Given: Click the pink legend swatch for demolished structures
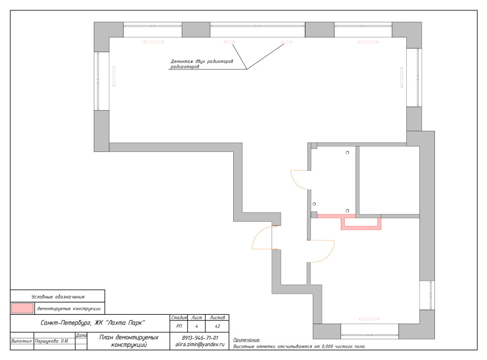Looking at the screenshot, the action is pyautogui.click(x=22, y=308).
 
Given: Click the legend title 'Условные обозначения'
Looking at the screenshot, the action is pyautogui.click(x=58, y=297).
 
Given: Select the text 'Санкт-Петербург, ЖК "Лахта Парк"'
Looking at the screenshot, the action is pyautogui.click(x=93, y=323).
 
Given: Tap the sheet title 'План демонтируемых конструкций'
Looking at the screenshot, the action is pyautogui.click(x=128, y=341).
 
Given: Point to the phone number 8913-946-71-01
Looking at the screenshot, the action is pyautogui.click(x=200, y=338).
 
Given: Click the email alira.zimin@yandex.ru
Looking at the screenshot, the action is pyautogui.click(x=200, y=344).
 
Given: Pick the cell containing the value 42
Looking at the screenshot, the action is pyautogui.click(x=217, y=326).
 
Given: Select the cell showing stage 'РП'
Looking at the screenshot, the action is pyautogui.click(x=179, y=326).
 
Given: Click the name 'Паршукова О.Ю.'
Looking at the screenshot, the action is pyautogui.click(x=52, y=341).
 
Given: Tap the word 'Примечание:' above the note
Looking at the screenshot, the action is pyautogui.click(x=246, y=340).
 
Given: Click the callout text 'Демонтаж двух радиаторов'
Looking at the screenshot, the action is pyautogui.click(x=202, y=61).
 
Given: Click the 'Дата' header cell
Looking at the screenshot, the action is pyautogui.click(x=81, y=335).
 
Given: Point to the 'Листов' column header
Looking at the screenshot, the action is pyautogui.click(x=217, y=317).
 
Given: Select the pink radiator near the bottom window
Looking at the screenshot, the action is pyautogui.click(x=369, y=319).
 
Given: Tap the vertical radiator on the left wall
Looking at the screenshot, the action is pyautogui.click(x=114, y=76).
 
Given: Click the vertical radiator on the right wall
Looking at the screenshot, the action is pyautogui.click(x=401, y=77).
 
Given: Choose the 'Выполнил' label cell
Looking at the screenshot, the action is pyautogui.click(x=22, y=341).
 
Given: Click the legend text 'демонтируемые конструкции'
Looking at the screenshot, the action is pyautogui.click(x=69, y=308).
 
